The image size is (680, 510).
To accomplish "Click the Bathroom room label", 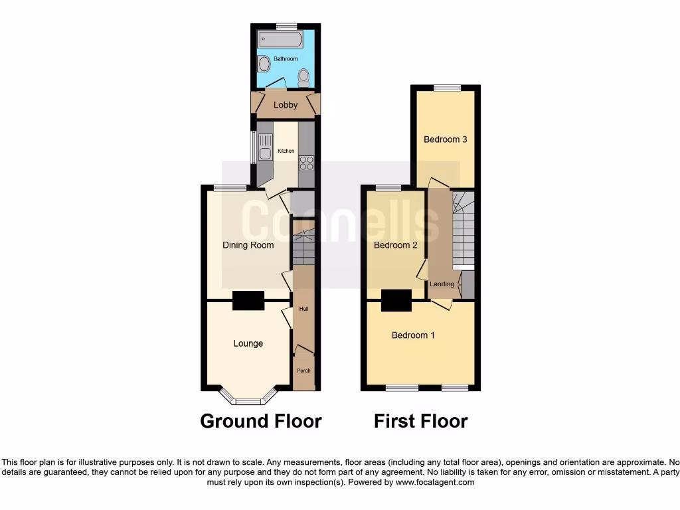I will tap(286, 59).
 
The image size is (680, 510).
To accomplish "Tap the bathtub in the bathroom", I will tap(280, 39).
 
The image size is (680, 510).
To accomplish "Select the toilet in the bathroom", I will tap(303, 77).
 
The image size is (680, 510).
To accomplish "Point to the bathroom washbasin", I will tap(264, 64).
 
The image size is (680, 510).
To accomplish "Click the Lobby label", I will tap(286, 105).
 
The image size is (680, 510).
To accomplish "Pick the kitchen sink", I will tap(265, 147).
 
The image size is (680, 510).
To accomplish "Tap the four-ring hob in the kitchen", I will tap(306, 163).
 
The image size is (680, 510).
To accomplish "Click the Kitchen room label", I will tap(286, 151).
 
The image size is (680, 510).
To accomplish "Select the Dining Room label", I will tap(248, 245).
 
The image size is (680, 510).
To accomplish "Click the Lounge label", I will tap(248, 343).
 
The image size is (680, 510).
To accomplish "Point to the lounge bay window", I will tap(248, 400).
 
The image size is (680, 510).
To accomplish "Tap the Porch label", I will tap(303, 371).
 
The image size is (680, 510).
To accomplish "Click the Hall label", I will tap(303, 309).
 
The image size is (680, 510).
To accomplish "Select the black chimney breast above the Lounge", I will tap(248, 301).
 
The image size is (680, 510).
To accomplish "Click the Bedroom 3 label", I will tap(446, 139).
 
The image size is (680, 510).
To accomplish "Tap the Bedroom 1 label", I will tap(413, 335).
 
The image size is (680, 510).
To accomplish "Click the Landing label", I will tap(442, 284).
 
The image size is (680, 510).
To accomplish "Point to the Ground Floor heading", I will tap(261, 421).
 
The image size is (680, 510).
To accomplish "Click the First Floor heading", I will tap(421, 421).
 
